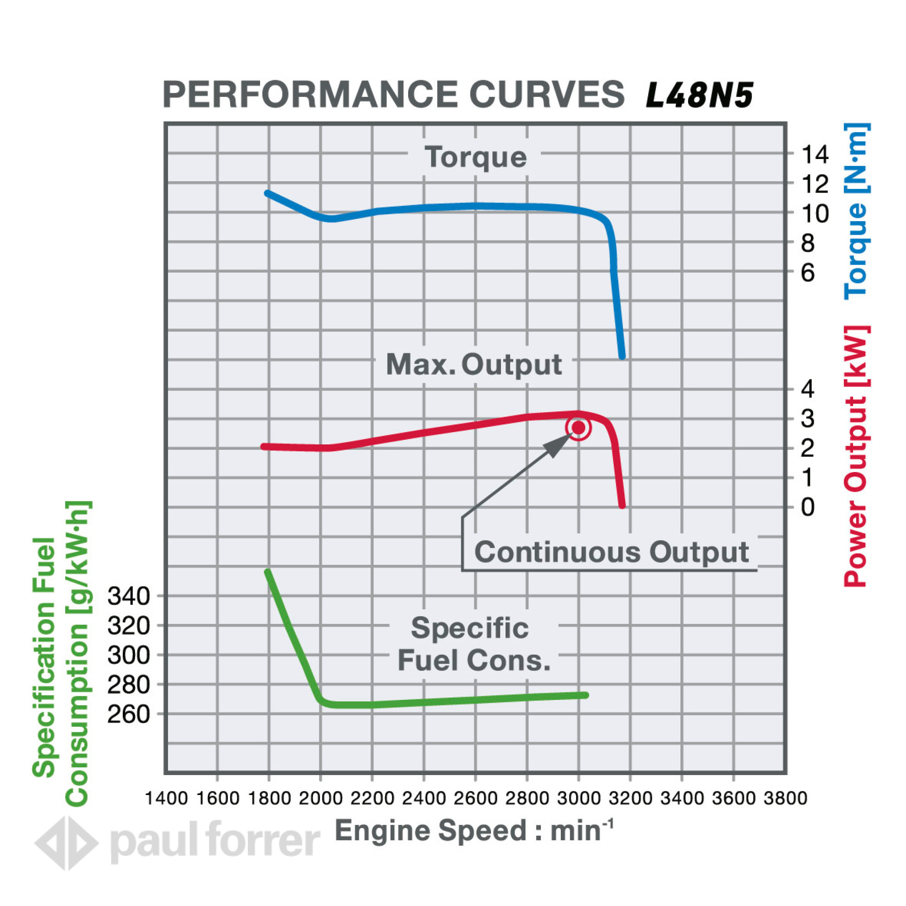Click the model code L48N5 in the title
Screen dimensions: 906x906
699,95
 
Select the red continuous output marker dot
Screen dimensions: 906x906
578,428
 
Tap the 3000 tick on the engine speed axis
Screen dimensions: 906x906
578,798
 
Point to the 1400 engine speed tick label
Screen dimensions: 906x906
166,798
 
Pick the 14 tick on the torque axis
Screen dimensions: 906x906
815,155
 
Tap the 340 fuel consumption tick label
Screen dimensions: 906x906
129,597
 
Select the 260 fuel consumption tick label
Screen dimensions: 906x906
129,714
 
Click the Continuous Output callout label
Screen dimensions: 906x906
611,552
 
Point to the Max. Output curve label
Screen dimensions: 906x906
474,365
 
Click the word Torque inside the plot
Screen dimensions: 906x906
476,157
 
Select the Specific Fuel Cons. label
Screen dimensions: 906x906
472,644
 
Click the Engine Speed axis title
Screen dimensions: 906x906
474,831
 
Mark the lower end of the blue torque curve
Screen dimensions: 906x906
622,357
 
